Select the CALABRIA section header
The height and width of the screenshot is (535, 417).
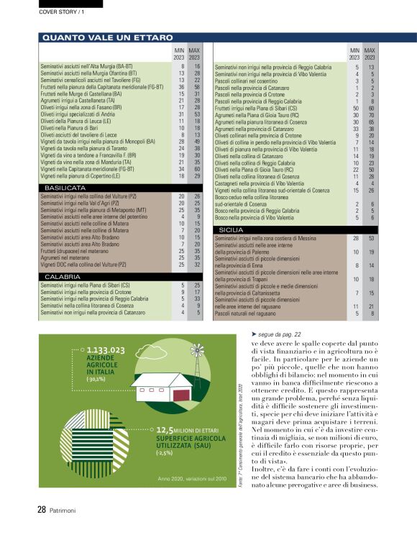61,276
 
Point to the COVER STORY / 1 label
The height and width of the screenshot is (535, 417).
60,12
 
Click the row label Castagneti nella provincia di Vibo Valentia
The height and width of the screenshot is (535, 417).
265,183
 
